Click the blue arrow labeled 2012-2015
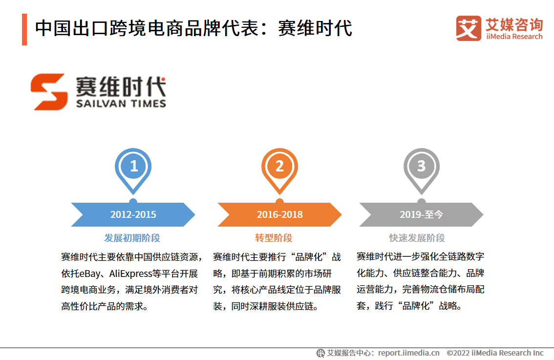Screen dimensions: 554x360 coord(133,214)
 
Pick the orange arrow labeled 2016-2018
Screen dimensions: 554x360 coord(279,214)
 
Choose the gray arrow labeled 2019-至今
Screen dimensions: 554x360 coord(421,214)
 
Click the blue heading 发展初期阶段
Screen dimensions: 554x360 coord(132,238)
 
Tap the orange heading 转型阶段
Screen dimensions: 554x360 coord(274,238)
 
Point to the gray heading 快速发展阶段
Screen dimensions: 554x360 coord(417,238)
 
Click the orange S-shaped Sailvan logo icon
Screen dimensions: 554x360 coord(49,92)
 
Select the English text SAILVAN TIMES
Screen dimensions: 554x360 coord(121,104)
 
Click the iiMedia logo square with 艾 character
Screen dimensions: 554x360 coord(469,28)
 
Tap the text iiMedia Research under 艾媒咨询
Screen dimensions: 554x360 coord(514,36)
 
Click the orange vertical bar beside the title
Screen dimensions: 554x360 coord(24,30)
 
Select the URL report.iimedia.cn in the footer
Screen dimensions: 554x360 coord(409,353)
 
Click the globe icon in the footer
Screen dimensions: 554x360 coord(320,353)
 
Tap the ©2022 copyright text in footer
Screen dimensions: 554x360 coord(495,353)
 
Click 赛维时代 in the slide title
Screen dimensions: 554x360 coord(315,28)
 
